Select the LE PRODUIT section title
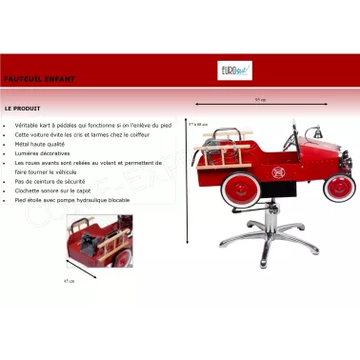click(23, 109)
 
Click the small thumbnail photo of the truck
click(98, 241)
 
